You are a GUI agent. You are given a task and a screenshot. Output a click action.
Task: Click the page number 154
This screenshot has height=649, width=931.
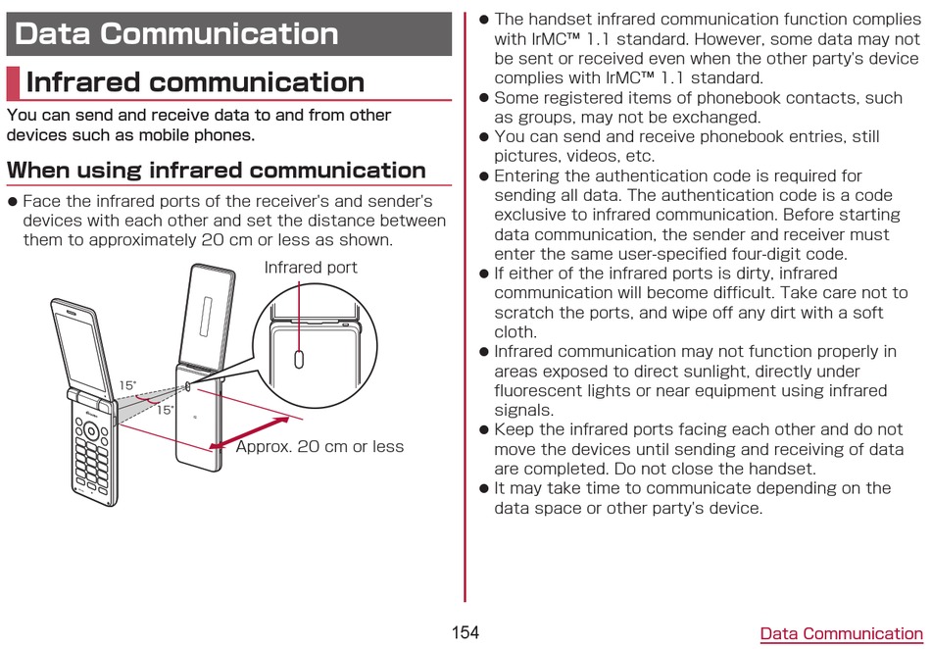(x=465, y=632)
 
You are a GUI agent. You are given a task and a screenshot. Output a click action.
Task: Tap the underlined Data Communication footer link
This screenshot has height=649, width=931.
(x=841, y=633)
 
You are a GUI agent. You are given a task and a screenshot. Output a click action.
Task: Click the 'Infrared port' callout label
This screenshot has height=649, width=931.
(x=311, y=268)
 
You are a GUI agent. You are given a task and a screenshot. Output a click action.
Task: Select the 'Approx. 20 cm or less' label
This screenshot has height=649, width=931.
(x=319, y=446)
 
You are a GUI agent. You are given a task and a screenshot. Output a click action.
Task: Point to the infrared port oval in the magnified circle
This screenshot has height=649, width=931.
(x=299, y=358)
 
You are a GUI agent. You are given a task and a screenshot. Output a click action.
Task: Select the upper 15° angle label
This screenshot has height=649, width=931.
(x=127, y=385)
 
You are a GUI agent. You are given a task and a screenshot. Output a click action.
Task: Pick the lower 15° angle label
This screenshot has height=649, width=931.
(x=165, y=410)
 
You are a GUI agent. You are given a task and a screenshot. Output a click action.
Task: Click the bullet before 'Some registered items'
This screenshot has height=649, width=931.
(x=483, y=98)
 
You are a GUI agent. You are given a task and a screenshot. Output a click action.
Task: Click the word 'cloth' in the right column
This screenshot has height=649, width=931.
(x=514, y=332)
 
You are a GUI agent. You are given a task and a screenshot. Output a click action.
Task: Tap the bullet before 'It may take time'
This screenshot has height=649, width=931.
(x=483, y=488)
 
